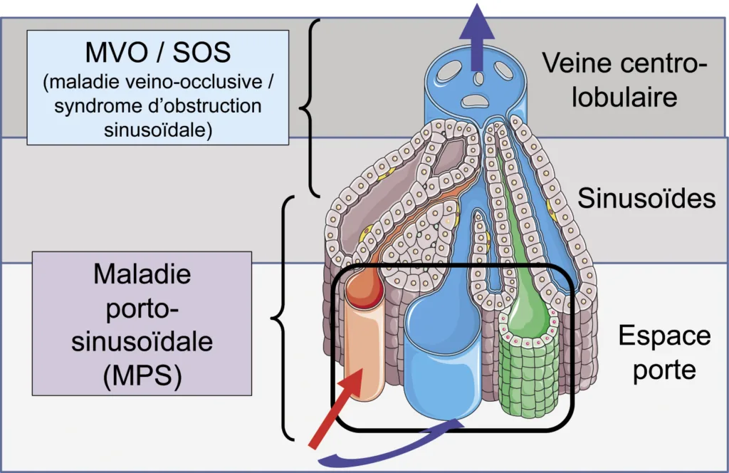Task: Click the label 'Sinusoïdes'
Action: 646,198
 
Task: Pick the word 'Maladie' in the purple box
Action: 143,274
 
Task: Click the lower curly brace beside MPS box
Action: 283,317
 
